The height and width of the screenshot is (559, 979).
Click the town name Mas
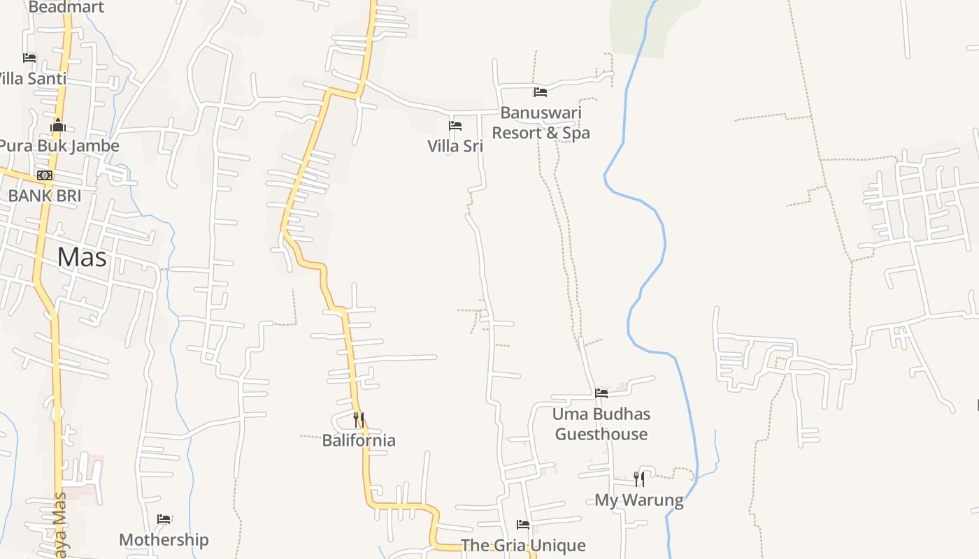(x=82, y=257)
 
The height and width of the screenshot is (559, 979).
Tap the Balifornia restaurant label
(x=359, y=440)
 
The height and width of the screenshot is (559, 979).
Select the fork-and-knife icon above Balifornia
(x=358, y=420)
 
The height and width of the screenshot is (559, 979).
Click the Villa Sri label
(x=455, y=146)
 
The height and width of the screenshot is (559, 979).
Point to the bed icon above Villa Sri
(x=455, y=126)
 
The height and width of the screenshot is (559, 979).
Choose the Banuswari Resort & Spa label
(x=541, y=122)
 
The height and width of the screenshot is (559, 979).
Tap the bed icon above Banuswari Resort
(x=540, y=92)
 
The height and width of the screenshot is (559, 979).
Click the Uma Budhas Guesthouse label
(x=601, y=423)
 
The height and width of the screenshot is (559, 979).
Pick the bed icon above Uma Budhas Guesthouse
(x=601, y=393)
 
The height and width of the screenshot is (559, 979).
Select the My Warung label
(x=639, y=500)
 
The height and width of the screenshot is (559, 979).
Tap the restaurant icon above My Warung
(x=638, y=479)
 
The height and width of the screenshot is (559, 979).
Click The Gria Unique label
(x=523, y=545)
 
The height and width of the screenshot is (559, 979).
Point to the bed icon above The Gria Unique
(x=522, y=525)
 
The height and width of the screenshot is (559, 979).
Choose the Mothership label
(x=164, y=539)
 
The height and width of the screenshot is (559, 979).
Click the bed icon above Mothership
(x=164, y=519)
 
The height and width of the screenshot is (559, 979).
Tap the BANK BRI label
(x=45, y=196)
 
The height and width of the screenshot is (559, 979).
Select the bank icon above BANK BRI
(x=45, y=175)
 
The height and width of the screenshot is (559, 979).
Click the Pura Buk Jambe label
(x=59, y=146)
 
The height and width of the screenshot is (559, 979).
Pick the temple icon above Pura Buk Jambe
(x=58, y=126)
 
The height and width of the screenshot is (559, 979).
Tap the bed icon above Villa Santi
(x=29, y=58)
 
